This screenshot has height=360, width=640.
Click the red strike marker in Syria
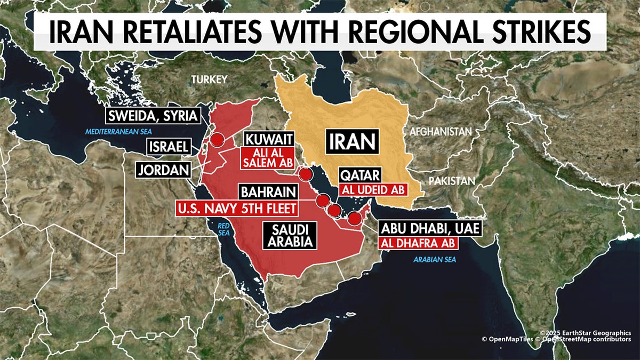pyautogui.click(x=217, y=140)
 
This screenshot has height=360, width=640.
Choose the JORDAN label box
pyautogui.click(x=164, y=170)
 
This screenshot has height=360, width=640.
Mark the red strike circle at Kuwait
pyautogui.click(x=306, y=174)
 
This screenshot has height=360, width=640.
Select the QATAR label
pyautogui.click(x=361, y=175)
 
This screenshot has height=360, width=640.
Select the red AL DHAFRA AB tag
pyautogui.click(x=417, y=243)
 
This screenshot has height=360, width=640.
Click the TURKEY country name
pyautogui.click(x=210, y=79)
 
